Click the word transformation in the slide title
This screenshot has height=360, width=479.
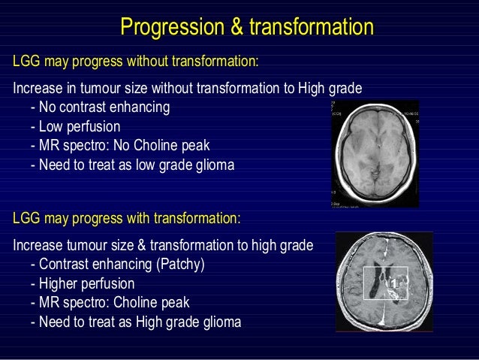click(311, 28)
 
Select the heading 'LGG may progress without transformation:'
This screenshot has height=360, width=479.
click(136, 60)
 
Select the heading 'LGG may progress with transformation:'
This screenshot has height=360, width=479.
click(127, 219)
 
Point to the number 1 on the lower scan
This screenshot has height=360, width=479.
click(393, 283)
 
